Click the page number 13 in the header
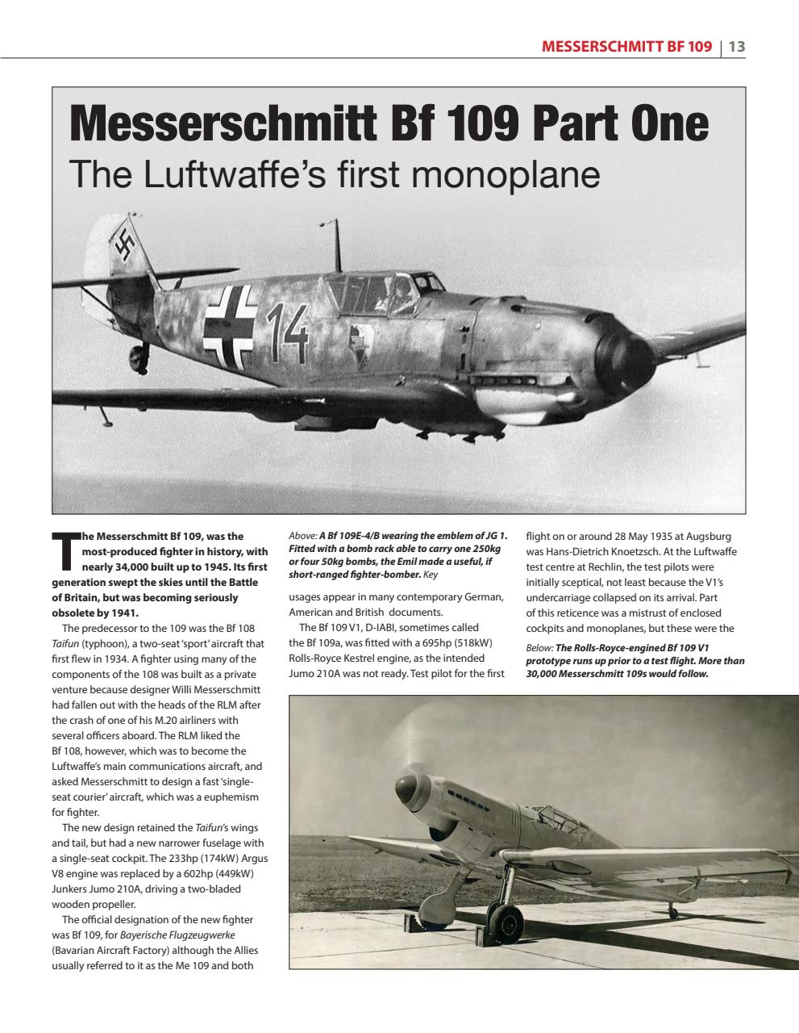click(736, 47)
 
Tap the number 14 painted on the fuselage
click(288, 333)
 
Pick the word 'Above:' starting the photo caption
click(302, 536)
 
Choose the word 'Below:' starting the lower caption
click(539, 648)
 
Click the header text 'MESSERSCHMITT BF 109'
click(626, 47)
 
